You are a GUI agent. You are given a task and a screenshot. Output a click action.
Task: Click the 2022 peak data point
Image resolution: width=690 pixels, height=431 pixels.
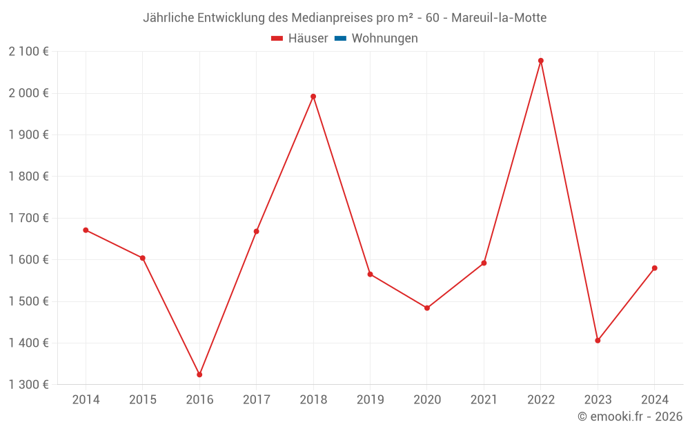[x=541, y=61]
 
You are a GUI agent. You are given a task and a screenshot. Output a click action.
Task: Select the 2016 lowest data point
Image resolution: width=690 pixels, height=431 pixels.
[x=199, y=374]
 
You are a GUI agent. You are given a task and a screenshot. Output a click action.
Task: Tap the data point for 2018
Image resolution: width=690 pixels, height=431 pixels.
[x=313, y=97]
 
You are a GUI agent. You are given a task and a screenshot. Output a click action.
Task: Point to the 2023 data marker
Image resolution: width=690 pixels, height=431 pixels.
[x=598, y=341]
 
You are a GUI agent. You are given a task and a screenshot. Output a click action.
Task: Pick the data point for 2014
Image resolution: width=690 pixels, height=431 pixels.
[x=86, y=230]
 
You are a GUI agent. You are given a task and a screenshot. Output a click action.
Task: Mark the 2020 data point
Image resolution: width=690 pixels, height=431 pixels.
[x=427, y=308]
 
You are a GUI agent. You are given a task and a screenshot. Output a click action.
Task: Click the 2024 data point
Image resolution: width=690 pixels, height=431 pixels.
[x=655, y=268]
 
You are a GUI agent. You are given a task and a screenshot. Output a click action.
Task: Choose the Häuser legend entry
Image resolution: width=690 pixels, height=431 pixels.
[x=299, y=39]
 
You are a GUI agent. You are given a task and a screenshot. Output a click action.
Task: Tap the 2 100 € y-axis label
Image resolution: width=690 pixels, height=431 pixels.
[x=28, y=52]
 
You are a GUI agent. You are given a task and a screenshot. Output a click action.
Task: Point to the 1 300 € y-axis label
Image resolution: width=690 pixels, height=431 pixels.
[x=28, y=385]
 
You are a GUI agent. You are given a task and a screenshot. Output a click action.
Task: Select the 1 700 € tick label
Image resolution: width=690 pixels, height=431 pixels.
[x=28, y=218]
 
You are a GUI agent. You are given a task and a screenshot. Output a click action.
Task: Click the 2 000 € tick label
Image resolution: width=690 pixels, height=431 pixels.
[x=28, y=93]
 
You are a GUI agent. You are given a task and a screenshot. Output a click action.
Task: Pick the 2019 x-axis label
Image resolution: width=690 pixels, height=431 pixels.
[x=370, y=400]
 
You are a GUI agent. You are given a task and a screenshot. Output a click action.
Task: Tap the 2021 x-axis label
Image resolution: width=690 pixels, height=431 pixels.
[x=484, y=400]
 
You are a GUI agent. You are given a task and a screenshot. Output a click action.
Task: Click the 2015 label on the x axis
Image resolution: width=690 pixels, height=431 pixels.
[x=143, y=400]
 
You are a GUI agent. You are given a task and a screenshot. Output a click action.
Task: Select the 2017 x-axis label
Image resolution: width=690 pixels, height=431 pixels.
[x=257, y=400]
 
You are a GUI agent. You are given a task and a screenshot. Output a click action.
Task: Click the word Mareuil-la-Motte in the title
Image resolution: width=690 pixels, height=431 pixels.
[x=499, y=18]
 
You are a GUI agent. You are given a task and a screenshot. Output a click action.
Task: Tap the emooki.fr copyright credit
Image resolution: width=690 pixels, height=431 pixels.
[x=630, y=417]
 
